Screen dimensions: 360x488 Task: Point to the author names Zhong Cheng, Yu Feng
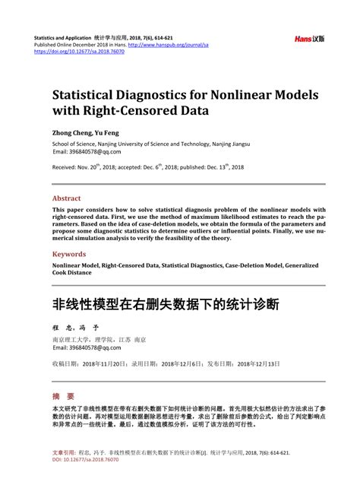pyautogui.click(x=86, y=132)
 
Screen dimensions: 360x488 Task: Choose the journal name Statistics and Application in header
pyautogui.click(x=63, y=37)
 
